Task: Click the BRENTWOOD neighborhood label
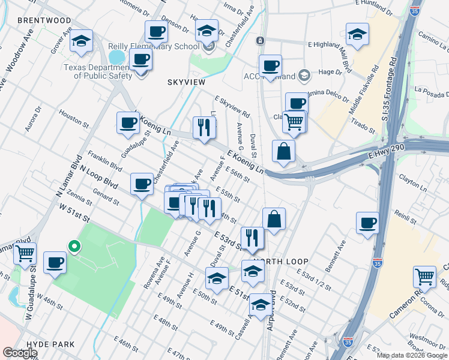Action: pos(44,20)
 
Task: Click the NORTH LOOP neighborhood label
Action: pos(280,262)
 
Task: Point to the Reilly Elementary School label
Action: pos(154,47)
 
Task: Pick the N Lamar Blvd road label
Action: pos(68,175)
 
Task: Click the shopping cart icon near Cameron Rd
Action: pos(424,277)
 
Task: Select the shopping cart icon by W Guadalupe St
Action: pos(25,253)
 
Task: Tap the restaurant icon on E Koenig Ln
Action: pos(204,127)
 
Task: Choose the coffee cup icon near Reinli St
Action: pos(367,222)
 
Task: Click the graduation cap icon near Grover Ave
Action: pos(81,40)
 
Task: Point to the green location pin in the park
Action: pos(74,246)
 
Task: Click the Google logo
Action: pos(20,353)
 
